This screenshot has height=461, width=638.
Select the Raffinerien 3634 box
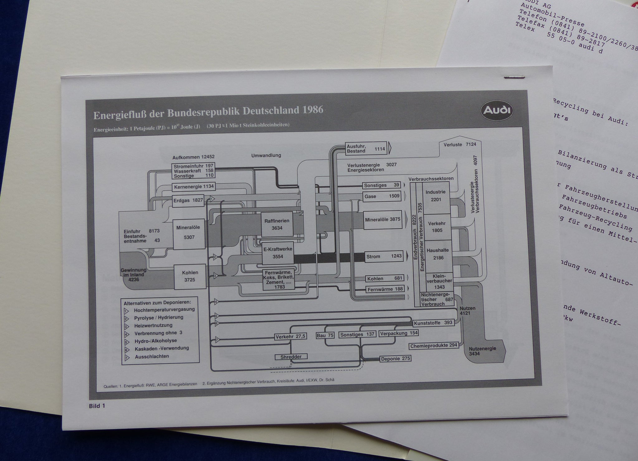pyautogui.click(x=277, y=224)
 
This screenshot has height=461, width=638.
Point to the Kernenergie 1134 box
pyautogui.click(x=194, y=187)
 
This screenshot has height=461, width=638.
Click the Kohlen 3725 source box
pyautogui.click(x=190, y=276)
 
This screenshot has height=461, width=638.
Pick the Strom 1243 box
pyautogui.click(x=384, y=256)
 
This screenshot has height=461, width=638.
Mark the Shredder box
pyautogui.click(x=291, y=357)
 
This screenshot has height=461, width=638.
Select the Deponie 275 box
pyautogui.click(x=395, y=359)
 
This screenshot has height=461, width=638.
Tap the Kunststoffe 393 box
pyautogui.click(x=433, y=323)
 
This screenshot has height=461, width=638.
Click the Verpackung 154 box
pyautogui.click(x=399, y=333)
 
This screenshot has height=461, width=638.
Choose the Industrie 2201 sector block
pyautogui.click(x=436, y=196)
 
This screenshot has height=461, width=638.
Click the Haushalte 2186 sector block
pyautogui.click(x=438, y=254)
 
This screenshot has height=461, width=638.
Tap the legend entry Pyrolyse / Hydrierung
pyautogui.click(x=159, y=318)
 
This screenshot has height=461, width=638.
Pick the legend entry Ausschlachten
pyautogui.click(x=152, y=356)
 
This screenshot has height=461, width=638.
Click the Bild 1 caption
pyautogui.click(x=97, y=406)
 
